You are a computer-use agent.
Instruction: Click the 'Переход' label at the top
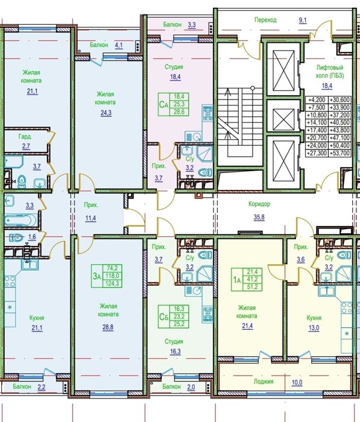click(x=265, y=20)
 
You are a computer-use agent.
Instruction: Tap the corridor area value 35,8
click(x=259, y=217)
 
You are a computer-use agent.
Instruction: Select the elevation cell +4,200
click(x=318, y=99)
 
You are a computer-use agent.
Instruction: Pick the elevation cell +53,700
click(x=340, y=153)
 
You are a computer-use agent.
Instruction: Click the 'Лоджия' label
click(x=264, y=382)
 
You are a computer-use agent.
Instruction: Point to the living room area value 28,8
click(x=108, y=327)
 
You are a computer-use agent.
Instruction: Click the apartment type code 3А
click(x=96, y=276)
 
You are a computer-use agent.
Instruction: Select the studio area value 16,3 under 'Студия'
click(x=175, y=351)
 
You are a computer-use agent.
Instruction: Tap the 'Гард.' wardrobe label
click(x=25, y=137)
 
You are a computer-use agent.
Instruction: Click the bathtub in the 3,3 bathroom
click(x=20, y=220)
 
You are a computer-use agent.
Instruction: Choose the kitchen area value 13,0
click(x=314, y=328)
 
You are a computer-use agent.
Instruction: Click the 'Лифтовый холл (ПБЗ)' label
click(x=330, y=72)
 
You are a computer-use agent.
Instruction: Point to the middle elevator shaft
click(x=283, y=118)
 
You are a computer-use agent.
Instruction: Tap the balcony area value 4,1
click(x=119, y=45)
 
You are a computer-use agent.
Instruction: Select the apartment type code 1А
click(x=236, y=280)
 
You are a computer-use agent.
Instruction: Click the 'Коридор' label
click(x=259, y=204)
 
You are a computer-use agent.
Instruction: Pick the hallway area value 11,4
click(x=90, y=218)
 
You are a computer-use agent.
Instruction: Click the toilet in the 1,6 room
click(x=16, y=238)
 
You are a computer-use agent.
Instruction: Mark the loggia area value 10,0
click(x=297, y=382)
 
